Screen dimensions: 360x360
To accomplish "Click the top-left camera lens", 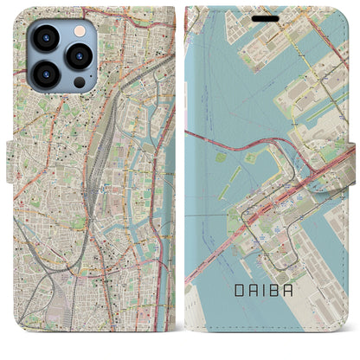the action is tap(45, 36).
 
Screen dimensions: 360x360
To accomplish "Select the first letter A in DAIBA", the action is tap(255, 318).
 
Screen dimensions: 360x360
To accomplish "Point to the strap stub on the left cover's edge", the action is tap(4, 180).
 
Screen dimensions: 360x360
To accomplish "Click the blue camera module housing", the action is tap(61, 55).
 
